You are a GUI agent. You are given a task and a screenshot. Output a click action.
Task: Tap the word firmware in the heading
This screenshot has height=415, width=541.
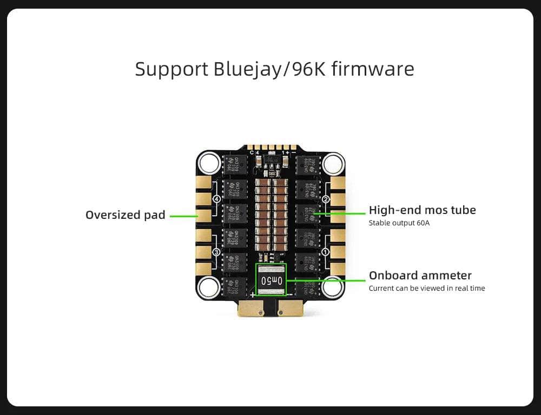381,69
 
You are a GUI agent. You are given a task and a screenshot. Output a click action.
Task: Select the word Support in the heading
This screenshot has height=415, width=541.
171,69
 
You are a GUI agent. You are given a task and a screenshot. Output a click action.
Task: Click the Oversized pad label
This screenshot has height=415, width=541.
126,215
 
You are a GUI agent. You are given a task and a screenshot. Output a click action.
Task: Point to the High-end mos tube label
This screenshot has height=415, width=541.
422,210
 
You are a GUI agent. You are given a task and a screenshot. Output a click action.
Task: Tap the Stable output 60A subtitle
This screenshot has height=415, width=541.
399,223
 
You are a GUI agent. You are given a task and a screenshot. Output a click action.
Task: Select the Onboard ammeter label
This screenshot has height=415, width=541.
420,275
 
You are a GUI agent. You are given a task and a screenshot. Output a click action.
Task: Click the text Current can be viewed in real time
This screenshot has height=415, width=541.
426,288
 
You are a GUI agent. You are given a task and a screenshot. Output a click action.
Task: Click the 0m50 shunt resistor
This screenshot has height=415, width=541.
270,280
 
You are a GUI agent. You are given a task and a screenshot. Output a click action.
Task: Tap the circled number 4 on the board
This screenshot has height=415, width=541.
217,199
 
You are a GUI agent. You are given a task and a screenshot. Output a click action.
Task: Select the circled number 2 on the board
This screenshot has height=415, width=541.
326,199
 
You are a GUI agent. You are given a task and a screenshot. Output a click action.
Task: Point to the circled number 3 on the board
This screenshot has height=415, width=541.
217,252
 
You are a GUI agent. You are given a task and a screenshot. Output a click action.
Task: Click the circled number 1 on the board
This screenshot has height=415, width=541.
326,252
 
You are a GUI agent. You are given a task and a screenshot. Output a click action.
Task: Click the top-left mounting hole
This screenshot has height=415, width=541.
208,162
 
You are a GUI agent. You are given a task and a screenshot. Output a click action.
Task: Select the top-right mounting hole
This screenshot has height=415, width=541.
333,162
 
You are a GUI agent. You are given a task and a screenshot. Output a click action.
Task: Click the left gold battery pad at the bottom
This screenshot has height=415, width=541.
250,308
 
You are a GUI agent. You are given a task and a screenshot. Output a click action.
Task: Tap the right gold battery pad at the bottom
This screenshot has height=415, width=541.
290,308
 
